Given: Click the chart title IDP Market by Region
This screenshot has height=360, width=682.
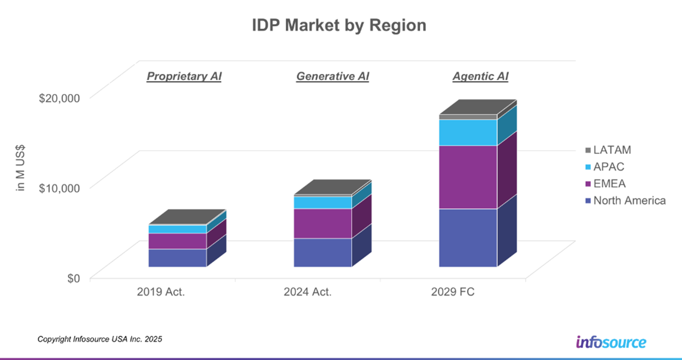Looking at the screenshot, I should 339,26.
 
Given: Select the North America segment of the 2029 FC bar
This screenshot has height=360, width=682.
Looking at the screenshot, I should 468,237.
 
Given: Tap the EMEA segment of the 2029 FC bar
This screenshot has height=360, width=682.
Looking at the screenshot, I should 468,177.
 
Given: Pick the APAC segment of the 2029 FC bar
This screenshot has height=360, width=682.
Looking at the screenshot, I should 468,132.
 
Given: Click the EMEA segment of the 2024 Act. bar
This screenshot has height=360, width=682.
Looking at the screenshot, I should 322,223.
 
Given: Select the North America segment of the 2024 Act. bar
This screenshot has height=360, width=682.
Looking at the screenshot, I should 322,252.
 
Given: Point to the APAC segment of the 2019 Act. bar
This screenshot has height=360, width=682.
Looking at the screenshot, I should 177,229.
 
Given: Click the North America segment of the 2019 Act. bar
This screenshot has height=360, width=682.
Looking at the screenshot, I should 177,257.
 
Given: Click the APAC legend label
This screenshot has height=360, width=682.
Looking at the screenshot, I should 609,167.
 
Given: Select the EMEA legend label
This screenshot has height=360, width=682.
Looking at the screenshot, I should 610,184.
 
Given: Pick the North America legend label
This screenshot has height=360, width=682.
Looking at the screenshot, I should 630,200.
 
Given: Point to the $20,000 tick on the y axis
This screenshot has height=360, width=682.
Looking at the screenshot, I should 60,98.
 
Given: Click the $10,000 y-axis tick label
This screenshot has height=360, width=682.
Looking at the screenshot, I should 60,188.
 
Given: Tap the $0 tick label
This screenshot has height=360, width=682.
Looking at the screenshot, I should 72,278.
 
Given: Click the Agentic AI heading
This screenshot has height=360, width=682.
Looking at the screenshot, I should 480,76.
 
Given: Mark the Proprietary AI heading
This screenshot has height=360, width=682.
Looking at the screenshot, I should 184,76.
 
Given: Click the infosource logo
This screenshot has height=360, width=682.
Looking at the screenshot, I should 611,342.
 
